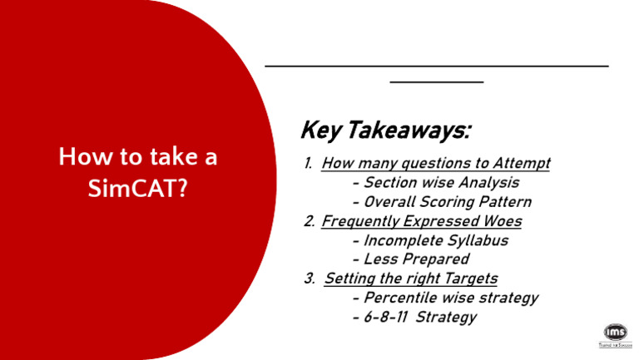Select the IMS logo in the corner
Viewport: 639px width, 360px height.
615,331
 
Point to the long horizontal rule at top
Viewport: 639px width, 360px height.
436,65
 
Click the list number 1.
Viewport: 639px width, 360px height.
309,163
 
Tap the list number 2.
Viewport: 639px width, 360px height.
310,221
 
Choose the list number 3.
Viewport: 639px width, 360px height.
310,279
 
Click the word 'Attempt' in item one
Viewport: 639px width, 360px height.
523,163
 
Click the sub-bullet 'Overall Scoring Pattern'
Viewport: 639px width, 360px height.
441,202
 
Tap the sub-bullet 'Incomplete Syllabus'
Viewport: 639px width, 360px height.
430,240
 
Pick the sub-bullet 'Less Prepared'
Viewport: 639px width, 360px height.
410,259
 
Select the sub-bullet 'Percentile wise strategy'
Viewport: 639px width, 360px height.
445,298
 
